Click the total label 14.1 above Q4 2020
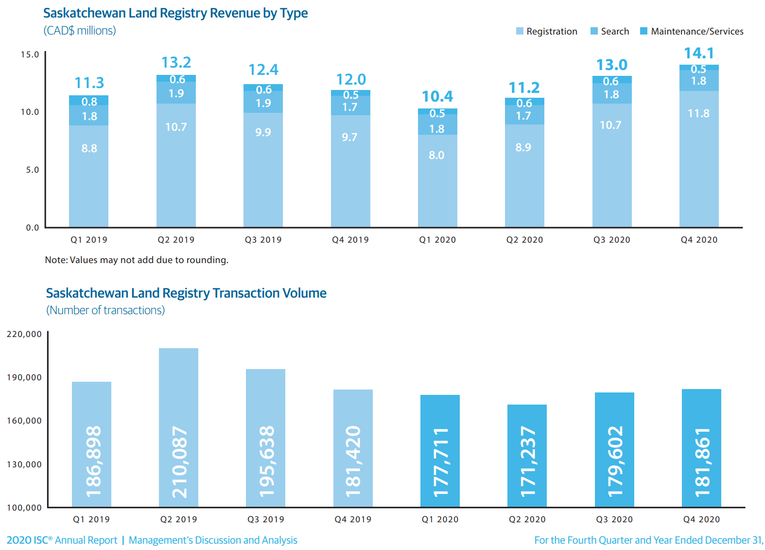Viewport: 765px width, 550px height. click(x=699, y=53)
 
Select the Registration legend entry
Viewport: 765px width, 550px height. click(x=547, y=31)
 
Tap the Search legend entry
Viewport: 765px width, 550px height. click(x=610, y=31)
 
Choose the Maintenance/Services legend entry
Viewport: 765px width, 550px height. click(x=692, y=31)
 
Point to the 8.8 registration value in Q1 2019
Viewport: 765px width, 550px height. click(x=89, y=148)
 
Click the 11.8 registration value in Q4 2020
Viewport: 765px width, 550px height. click(x=698, y=113)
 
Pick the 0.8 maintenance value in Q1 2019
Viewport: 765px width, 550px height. click(x=89, y=102)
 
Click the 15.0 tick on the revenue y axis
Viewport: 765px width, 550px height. click(x=30, y=54)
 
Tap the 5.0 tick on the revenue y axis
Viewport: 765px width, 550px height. click(x=32, y=170)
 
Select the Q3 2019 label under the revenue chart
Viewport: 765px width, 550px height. click(x=263, y=240)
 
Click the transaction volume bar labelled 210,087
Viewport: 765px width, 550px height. click(x=178, y=428)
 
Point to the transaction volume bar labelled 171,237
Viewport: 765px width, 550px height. click(x=527, y=456)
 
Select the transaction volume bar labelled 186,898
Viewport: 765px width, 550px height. click(x=91, y=444)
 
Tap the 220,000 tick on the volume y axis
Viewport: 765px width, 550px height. click(x=24, y=334)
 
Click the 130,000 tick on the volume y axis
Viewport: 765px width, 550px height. click(x=24, y=464)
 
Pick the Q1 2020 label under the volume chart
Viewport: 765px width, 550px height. click(x=440, y=519)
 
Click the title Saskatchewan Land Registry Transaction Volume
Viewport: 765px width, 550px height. click(x=186, y=293)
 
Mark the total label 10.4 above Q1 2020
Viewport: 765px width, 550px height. click(x=437, y=96)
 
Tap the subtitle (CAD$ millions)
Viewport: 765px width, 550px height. click(x=80, y=31)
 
